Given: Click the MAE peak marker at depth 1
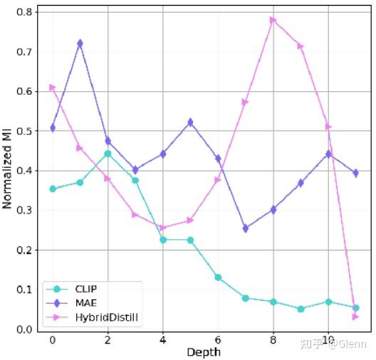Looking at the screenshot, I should tap(80, 43).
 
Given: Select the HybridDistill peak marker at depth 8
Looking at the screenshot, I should tap(273, 20).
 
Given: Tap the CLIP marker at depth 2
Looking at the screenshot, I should tap(108, 154).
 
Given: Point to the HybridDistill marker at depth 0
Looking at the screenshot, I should tap(52, 88).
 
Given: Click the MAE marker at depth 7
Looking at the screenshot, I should tap(245, 228).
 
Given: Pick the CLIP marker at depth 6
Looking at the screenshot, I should tap(218, 277).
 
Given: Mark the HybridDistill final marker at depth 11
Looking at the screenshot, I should tap(355, 317).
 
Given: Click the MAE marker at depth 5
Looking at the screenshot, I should tap(190, 122).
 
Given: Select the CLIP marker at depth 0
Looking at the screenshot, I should tap(52, 189).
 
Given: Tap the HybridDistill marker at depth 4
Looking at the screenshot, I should tap(162, 228).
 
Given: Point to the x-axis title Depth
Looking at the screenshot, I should tap(204, 352).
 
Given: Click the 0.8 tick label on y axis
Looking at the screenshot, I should tap(23, 12).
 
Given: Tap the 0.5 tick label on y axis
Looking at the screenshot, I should tap(23, 132).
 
